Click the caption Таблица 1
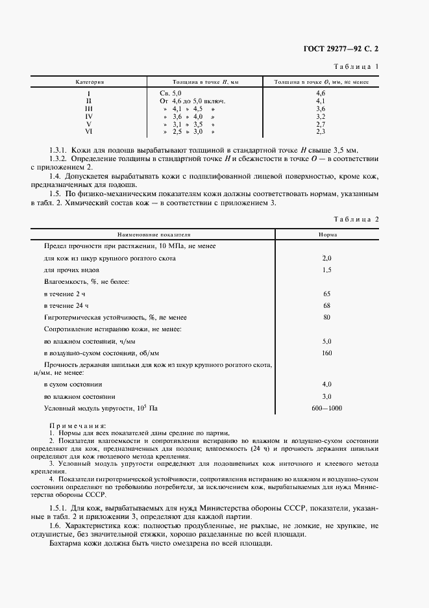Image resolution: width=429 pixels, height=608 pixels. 356,67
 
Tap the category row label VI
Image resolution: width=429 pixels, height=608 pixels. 89,131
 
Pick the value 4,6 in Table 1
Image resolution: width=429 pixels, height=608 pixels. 320,94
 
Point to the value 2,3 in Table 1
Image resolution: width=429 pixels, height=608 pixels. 320,131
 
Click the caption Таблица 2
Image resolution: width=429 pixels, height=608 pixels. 356,219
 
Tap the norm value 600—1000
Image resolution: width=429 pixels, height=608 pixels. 326,409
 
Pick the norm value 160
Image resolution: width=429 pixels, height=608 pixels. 326,353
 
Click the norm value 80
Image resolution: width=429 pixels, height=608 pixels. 326,317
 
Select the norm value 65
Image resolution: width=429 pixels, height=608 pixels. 326,294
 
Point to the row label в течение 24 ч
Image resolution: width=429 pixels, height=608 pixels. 66,305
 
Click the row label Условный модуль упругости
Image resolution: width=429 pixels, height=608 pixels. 101,409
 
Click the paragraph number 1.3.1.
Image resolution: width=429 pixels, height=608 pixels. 58,149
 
